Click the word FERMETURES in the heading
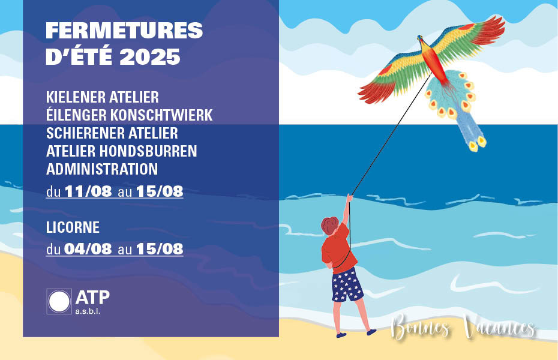click(x=124, y=31)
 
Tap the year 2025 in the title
click(x=150, y=57)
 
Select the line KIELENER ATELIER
click(x=103, y=97)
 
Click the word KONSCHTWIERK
click(x=161, y=115)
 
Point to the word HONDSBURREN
click(x=148, y=151)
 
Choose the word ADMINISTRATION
click(x=102, y=169)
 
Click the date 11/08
click(x=88, y=191)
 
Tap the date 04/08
click(x=88, y=248)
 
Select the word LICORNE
click(x=73, y=227)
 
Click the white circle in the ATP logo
click(x=59, y=301)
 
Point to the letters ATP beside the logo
click(x=92, y=298)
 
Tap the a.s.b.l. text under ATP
click(x=88, y=311)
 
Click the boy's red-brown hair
click(x=330, y=226)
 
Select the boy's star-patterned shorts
click(x=347, y=285)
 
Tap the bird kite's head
click(x=421, y=39)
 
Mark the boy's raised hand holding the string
click(x=349, y=198)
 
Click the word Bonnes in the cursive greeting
click(x=421, y=326)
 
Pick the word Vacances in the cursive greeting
click(x=499, y=327)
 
